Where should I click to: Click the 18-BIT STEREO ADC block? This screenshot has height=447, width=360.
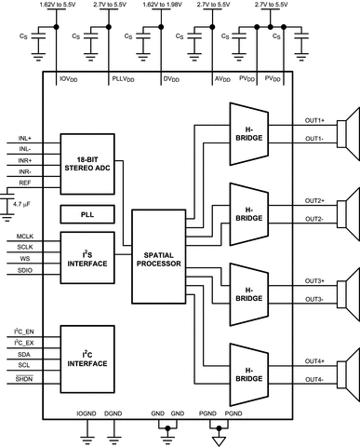point(85,160)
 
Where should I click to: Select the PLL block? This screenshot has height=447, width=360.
point(85,214)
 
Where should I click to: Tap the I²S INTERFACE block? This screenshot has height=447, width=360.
point(85,258)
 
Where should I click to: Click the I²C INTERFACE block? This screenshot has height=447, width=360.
point(85,355)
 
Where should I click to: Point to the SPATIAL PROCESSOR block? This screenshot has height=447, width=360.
point(158,258)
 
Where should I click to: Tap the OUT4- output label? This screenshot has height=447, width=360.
point(314,378)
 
